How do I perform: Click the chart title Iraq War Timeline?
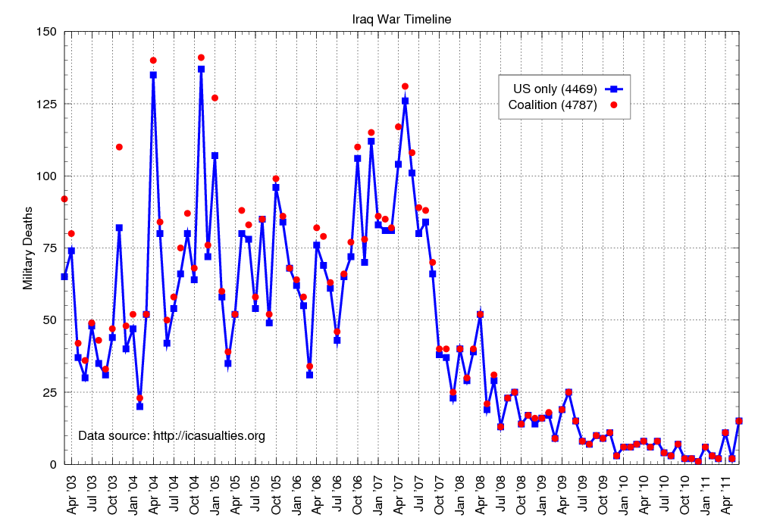402,19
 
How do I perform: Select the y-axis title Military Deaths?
28,248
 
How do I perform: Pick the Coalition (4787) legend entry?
552,104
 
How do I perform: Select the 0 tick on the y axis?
55,464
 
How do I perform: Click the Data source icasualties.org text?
172,435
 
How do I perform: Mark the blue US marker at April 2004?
153,75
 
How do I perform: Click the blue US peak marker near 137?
201,69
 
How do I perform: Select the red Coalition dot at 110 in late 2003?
119,147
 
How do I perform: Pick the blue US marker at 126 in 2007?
405,101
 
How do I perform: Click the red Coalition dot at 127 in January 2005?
215,98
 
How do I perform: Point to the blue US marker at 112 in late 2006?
371,141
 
